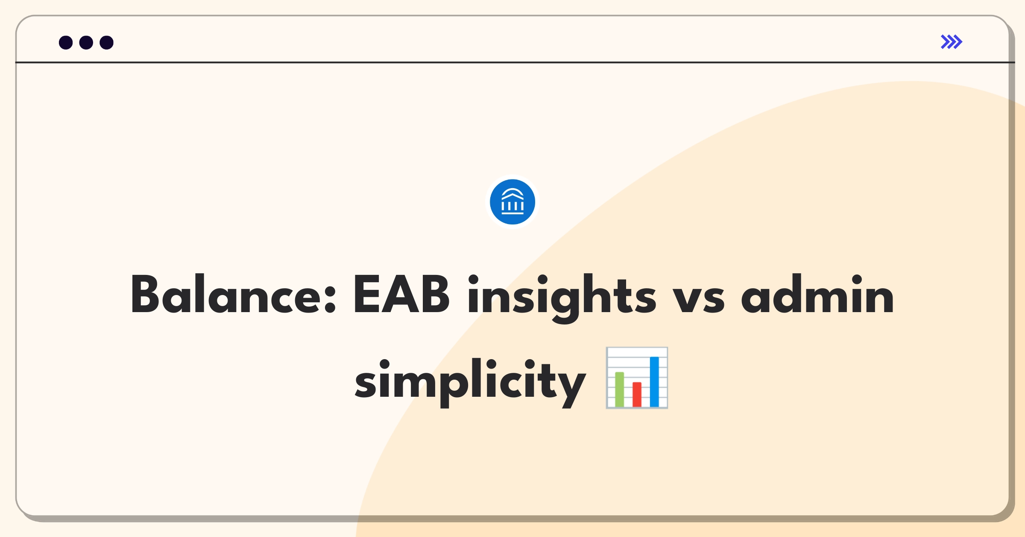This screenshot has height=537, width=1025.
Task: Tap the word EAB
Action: click(401, 294)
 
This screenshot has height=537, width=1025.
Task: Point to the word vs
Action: click(699, 299)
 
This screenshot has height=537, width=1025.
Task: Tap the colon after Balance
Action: click(330, 299)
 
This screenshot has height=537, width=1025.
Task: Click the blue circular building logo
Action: click(512, 202)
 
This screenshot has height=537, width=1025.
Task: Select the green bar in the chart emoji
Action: click(619, 389)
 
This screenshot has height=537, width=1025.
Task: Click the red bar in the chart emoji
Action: click(637, 394)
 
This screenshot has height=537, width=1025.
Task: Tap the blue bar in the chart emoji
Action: click(654, 381)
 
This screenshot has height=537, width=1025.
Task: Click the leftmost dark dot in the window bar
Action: click(66, 43)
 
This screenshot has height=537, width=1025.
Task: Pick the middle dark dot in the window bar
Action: click(86, 43)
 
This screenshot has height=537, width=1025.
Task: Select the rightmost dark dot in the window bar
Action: click(107, 43)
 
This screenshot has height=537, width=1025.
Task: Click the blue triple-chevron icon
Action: click(952, 42)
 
